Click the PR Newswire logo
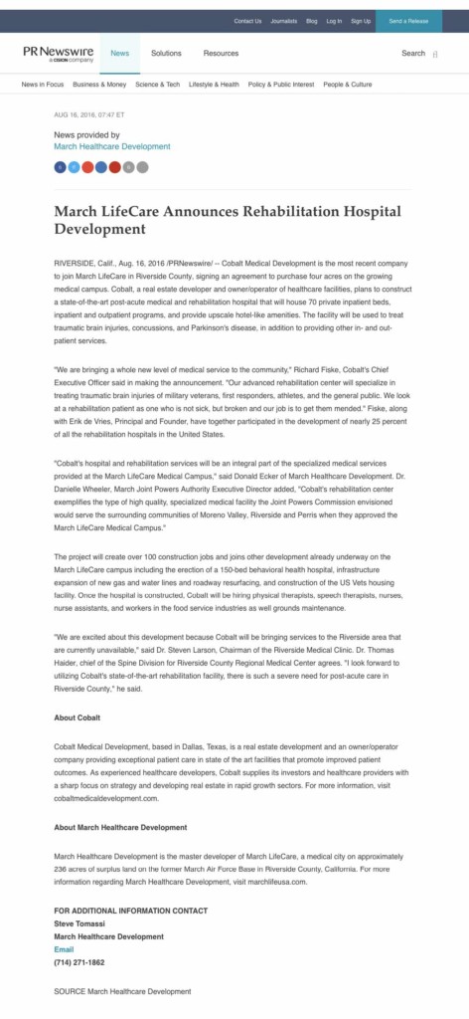point(59,53)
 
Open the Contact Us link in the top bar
point(247,21)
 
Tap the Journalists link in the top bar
point(283,21)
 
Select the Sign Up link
point(361,21)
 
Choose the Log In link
point(334,21)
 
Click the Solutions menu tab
point(166,53)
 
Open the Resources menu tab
point(221,53)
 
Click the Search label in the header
point(413,53)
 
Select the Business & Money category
point(99,85)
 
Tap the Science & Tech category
point(158,85)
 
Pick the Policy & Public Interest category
point(281,85)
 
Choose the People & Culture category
point(348,85)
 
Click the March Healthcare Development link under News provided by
point(112,146)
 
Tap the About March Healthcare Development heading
point(120,827)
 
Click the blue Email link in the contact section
point(64,949)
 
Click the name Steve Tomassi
point(80,923)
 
